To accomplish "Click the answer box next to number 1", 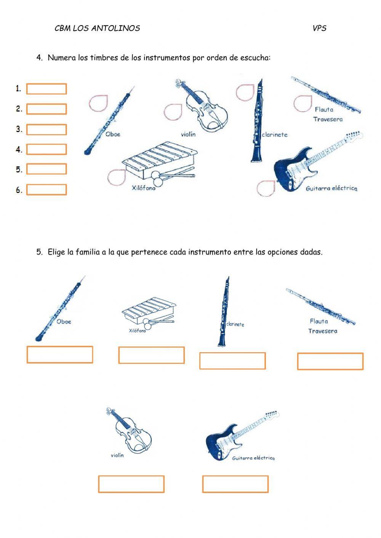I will point(46,89).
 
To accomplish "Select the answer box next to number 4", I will point(46,149).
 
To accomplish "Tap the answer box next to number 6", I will point(46,190).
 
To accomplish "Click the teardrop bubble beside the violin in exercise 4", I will point(173,112).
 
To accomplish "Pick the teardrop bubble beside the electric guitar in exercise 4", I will point(266,188).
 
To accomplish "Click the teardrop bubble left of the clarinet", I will point(245,92).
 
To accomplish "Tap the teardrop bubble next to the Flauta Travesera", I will point(303,103).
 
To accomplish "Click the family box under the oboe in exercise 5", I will point(60,354).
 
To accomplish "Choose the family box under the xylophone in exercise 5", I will point(151,355).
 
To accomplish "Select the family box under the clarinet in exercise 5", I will point(232,361).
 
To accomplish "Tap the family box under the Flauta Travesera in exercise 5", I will point(330,361).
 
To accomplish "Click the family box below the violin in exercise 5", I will point(131,484).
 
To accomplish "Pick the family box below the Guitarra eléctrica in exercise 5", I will point(235,484).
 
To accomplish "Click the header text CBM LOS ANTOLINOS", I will point(97,28).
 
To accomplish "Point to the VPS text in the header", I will point(319,28).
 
